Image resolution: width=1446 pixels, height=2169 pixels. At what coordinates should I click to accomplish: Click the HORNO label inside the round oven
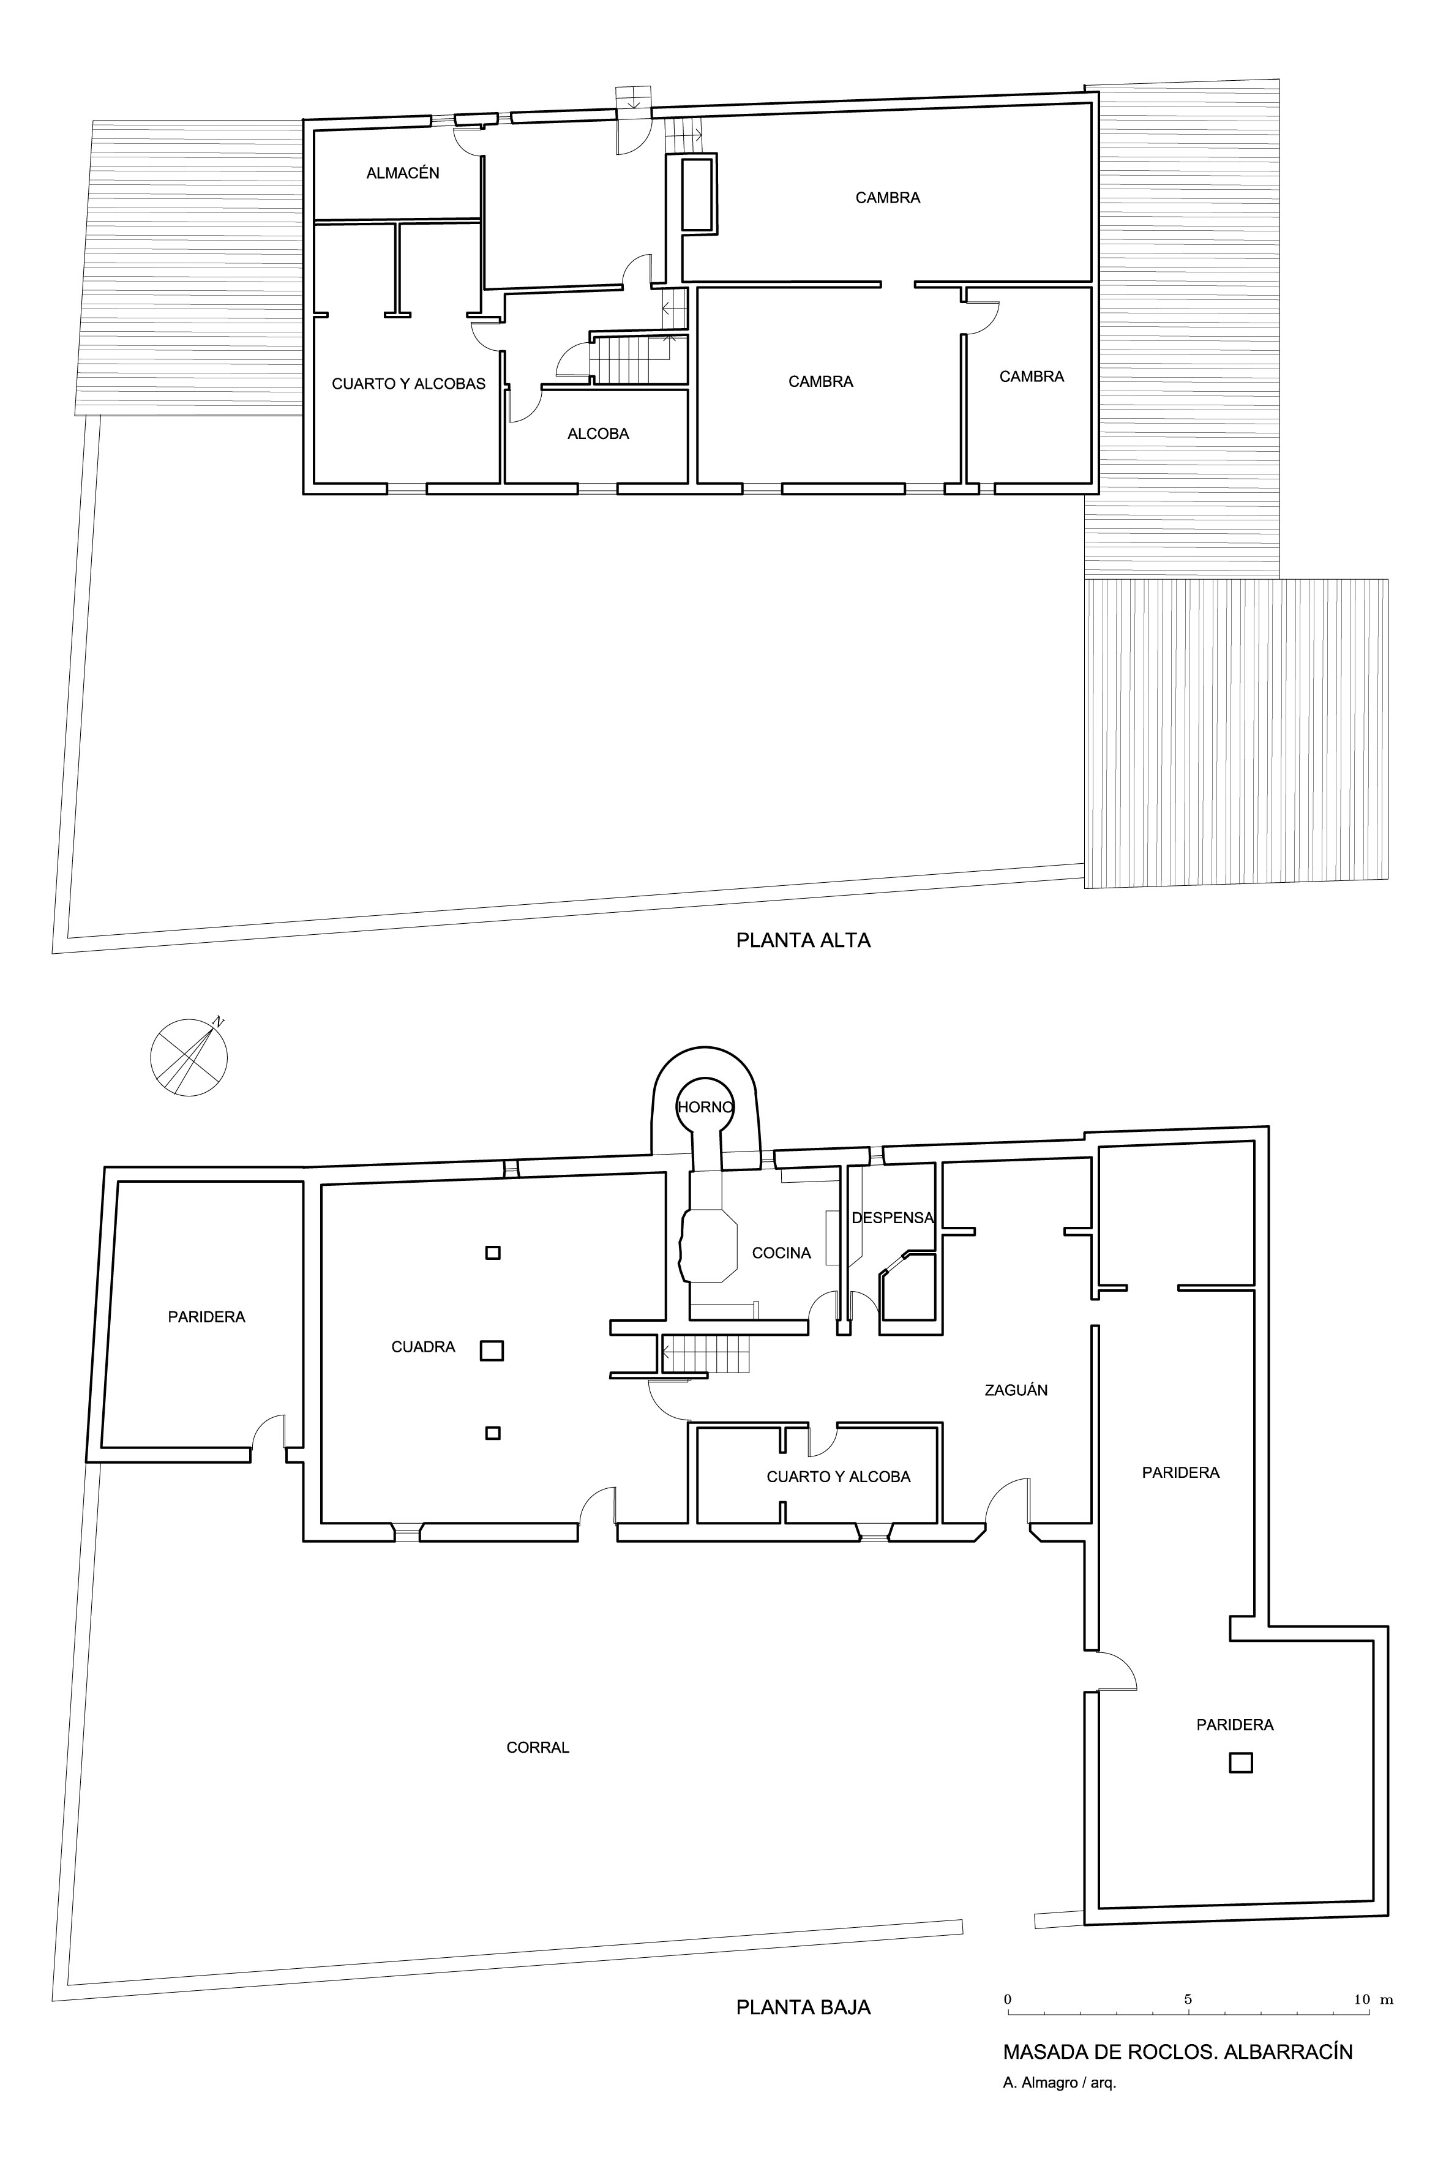point(705,1107)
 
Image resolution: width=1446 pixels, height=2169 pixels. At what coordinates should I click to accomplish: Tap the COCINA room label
point(781,1253)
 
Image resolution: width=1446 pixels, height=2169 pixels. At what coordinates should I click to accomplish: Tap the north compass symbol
point(189,1057)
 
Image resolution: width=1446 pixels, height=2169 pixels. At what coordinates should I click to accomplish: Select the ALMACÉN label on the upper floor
point(403,173)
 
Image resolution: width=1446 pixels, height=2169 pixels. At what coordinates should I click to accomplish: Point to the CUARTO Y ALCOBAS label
point(408,384)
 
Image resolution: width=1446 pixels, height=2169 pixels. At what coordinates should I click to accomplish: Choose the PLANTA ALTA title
point(803,941)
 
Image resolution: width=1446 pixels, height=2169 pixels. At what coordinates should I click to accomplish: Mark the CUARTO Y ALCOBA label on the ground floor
point(838,1477)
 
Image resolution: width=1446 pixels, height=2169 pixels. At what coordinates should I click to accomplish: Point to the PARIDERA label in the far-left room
point(206,1317)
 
